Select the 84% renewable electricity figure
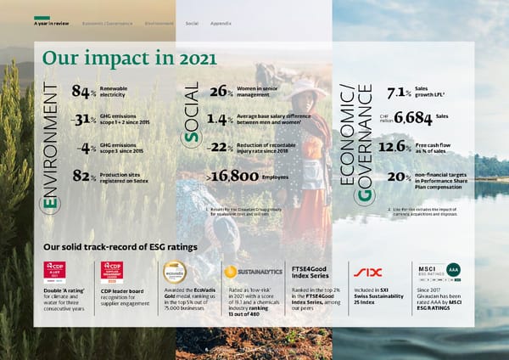tap(84, 92)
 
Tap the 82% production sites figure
tap(84, 177)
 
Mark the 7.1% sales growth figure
tap(397, 92)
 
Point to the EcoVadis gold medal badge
tap(176, 272)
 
